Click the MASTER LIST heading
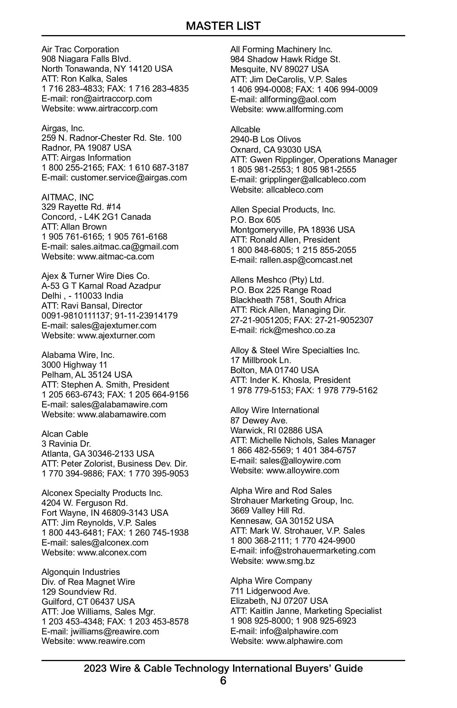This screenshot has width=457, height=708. (x=223, y=26)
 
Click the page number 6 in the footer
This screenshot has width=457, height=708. (x=223, y=681)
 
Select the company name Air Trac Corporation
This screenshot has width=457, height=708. (x=80, y=49)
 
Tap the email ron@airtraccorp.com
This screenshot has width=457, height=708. (x=111, y=98)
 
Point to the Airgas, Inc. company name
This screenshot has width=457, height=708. (x=63, y=128)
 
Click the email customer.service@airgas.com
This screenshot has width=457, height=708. (x=129, y=177)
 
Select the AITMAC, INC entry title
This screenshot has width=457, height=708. (x=67, y=197)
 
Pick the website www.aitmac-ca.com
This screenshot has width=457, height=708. (x=116, y=256)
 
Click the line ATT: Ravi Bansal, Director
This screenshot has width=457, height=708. (x=92, y=306)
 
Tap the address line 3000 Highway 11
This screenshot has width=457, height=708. (x=74, y=365)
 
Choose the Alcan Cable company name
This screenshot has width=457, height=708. (x=65, y=434)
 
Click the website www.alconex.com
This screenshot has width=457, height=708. (x=112, y=552)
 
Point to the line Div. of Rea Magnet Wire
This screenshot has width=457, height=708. (x=88, y=582)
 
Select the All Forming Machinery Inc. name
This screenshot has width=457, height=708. (x=281, y=49)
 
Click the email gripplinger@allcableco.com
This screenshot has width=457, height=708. (x=312, y=179)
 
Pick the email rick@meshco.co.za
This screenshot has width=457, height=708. (x=297, y=330)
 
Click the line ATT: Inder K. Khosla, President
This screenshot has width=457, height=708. (x=290, y=380)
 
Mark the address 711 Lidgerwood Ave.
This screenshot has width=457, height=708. (x=270, y=591)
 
